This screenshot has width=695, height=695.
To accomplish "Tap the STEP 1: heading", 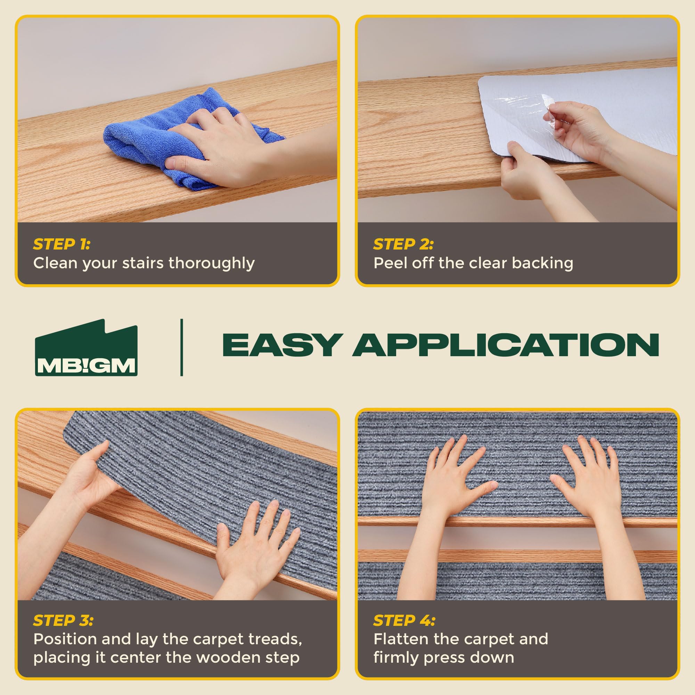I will click(x=62, y=244).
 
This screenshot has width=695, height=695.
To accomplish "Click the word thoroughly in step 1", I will click(x=212, y=264).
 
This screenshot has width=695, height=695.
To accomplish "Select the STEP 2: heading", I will click(x=403, y=244).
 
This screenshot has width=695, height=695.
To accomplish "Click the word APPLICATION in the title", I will click(x=505, y=345).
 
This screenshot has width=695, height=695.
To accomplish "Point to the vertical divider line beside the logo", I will click(x=182, y=347).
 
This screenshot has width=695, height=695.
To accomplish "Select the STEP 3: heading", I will click(x=63, y=621).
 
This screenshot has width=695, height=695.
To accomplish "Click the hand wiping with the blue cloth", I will click(x=216, y=151).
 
